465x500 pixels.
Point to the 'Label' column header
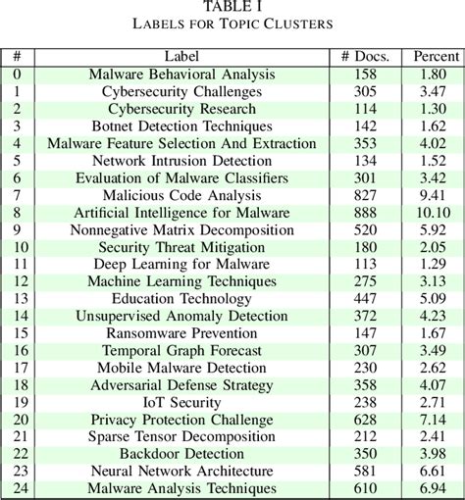[x=182, y=56]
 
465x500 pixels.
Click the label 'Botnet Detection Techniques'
[x=182, y=125]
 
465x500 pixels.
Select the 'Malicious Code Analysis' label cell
[x=182, y=194]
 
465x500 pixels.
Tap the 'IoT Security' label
[x=182, y=401]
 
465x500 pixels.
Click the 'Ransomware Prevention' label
[x=182, y=332]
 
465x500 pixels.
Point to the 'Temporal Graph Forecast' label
[x=182, y=350]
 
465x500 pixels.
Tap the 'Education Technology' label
[x=182, y=298]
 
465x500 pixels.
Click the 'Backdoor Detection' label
[x=182, y=453]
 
